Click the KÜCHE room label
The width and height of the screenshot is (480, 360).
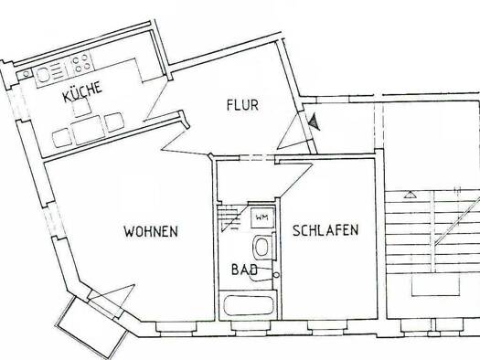pos(82,91)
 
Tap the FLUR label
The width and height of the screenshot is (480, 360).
pos(242,105)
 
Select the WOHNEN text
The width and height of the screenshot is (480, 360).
pos(151,231)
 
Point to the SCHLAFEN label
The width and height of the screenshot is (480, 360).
pos(325,230)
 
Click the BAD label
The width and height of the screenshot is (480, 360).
pos(244,270)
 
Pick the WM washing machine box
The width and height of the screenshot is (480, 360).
pos(262,217)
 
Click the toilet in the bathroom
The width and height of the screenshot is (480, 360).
pos(262,247)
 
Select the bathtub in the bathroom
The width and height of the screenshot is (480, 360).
pos(249,305)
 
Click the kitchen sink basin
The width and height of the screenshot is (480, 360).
pos(41,74)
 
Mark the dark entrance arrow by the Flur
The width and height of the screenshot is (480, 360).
pos(314,122)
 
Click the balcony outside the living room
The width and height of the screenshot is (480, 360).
pos(92,328)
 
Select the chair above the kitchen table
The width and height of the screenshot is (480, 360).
pos(81,107)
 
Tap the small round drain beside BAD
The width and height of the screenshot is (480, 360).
pos(276,275)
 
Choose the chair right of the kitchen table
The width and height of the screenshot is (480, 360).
pos(114,122)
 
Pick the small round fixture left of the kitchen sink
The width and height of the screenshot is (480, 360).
pos(27,73)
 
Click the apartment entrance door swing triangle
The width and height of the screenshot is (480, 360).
pos(293,132)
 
